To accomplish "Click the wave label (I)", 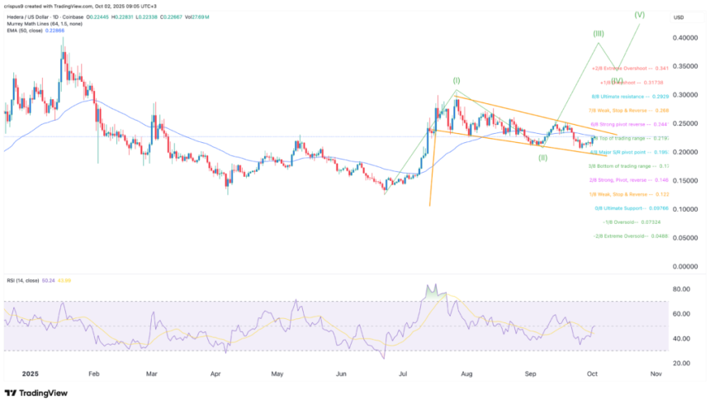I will click(456, 80).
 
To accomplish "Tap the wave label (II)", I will click(542, 157).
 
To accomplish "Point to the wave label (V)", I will click(638, 14).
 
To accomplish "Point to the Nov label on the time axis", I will click(656, 374).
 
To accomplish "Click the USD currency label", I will click(679, 17).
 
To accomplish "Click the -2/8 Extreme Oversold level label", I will click(632, 236).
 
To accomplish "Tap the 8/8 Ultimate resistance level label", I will click(634, 96).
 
